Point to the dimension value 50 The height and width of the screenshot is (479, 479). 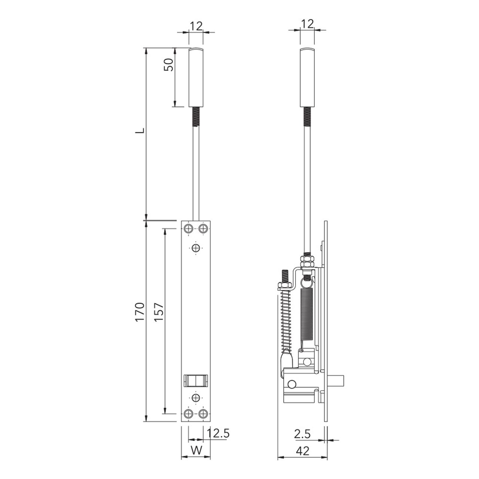coord(169,65)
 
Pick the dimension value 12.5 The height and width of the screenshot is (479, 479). coord(218,434)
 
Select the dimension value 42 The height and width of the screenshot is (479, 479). coord(302,451)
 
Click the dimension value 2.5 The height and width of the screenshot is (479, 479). coord(302,434)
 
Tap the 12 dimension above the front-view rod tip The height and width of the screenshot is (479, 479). coord(196,25)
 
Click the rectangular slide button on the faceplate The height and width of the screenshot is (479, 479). coord(196,380)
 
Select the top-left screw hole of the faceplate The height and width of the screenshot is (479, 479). coord(189,229)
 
